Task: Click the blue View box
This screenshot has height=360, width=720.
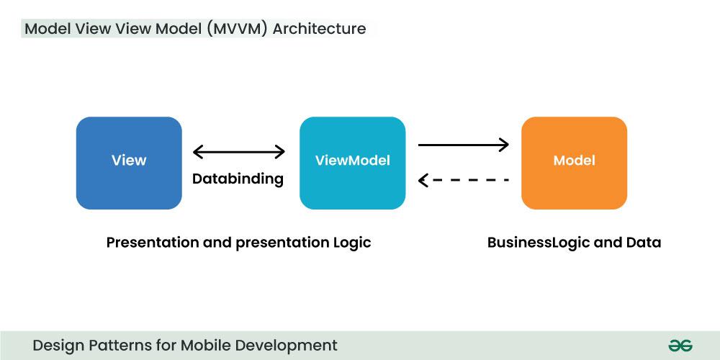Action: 129,163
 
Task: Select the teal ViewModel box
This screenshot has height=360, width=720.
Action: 352,163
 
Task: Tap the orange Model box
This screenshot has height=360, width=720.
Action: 574,163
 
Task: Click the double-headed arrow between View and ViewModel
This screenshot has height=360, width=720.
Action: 239,152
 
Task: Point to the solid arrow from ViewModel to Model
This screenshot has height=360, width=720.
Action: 463,145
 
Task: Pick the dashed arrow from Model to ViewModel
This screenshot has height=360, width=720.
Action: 464,179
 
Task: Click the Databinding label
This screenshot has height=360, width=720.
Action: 238,179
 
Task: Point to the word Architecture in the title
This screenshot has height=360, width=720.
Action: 319,30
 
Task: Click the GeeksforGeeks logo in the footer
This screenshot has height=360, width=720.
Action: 680,346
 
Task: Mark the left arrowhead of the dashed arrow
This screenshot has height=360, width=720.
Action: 424,179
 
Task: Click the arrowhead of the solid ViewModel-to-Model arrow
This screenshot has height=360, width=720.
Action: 504,145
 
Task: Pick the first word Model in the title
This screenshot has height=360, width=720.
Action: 48,30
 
